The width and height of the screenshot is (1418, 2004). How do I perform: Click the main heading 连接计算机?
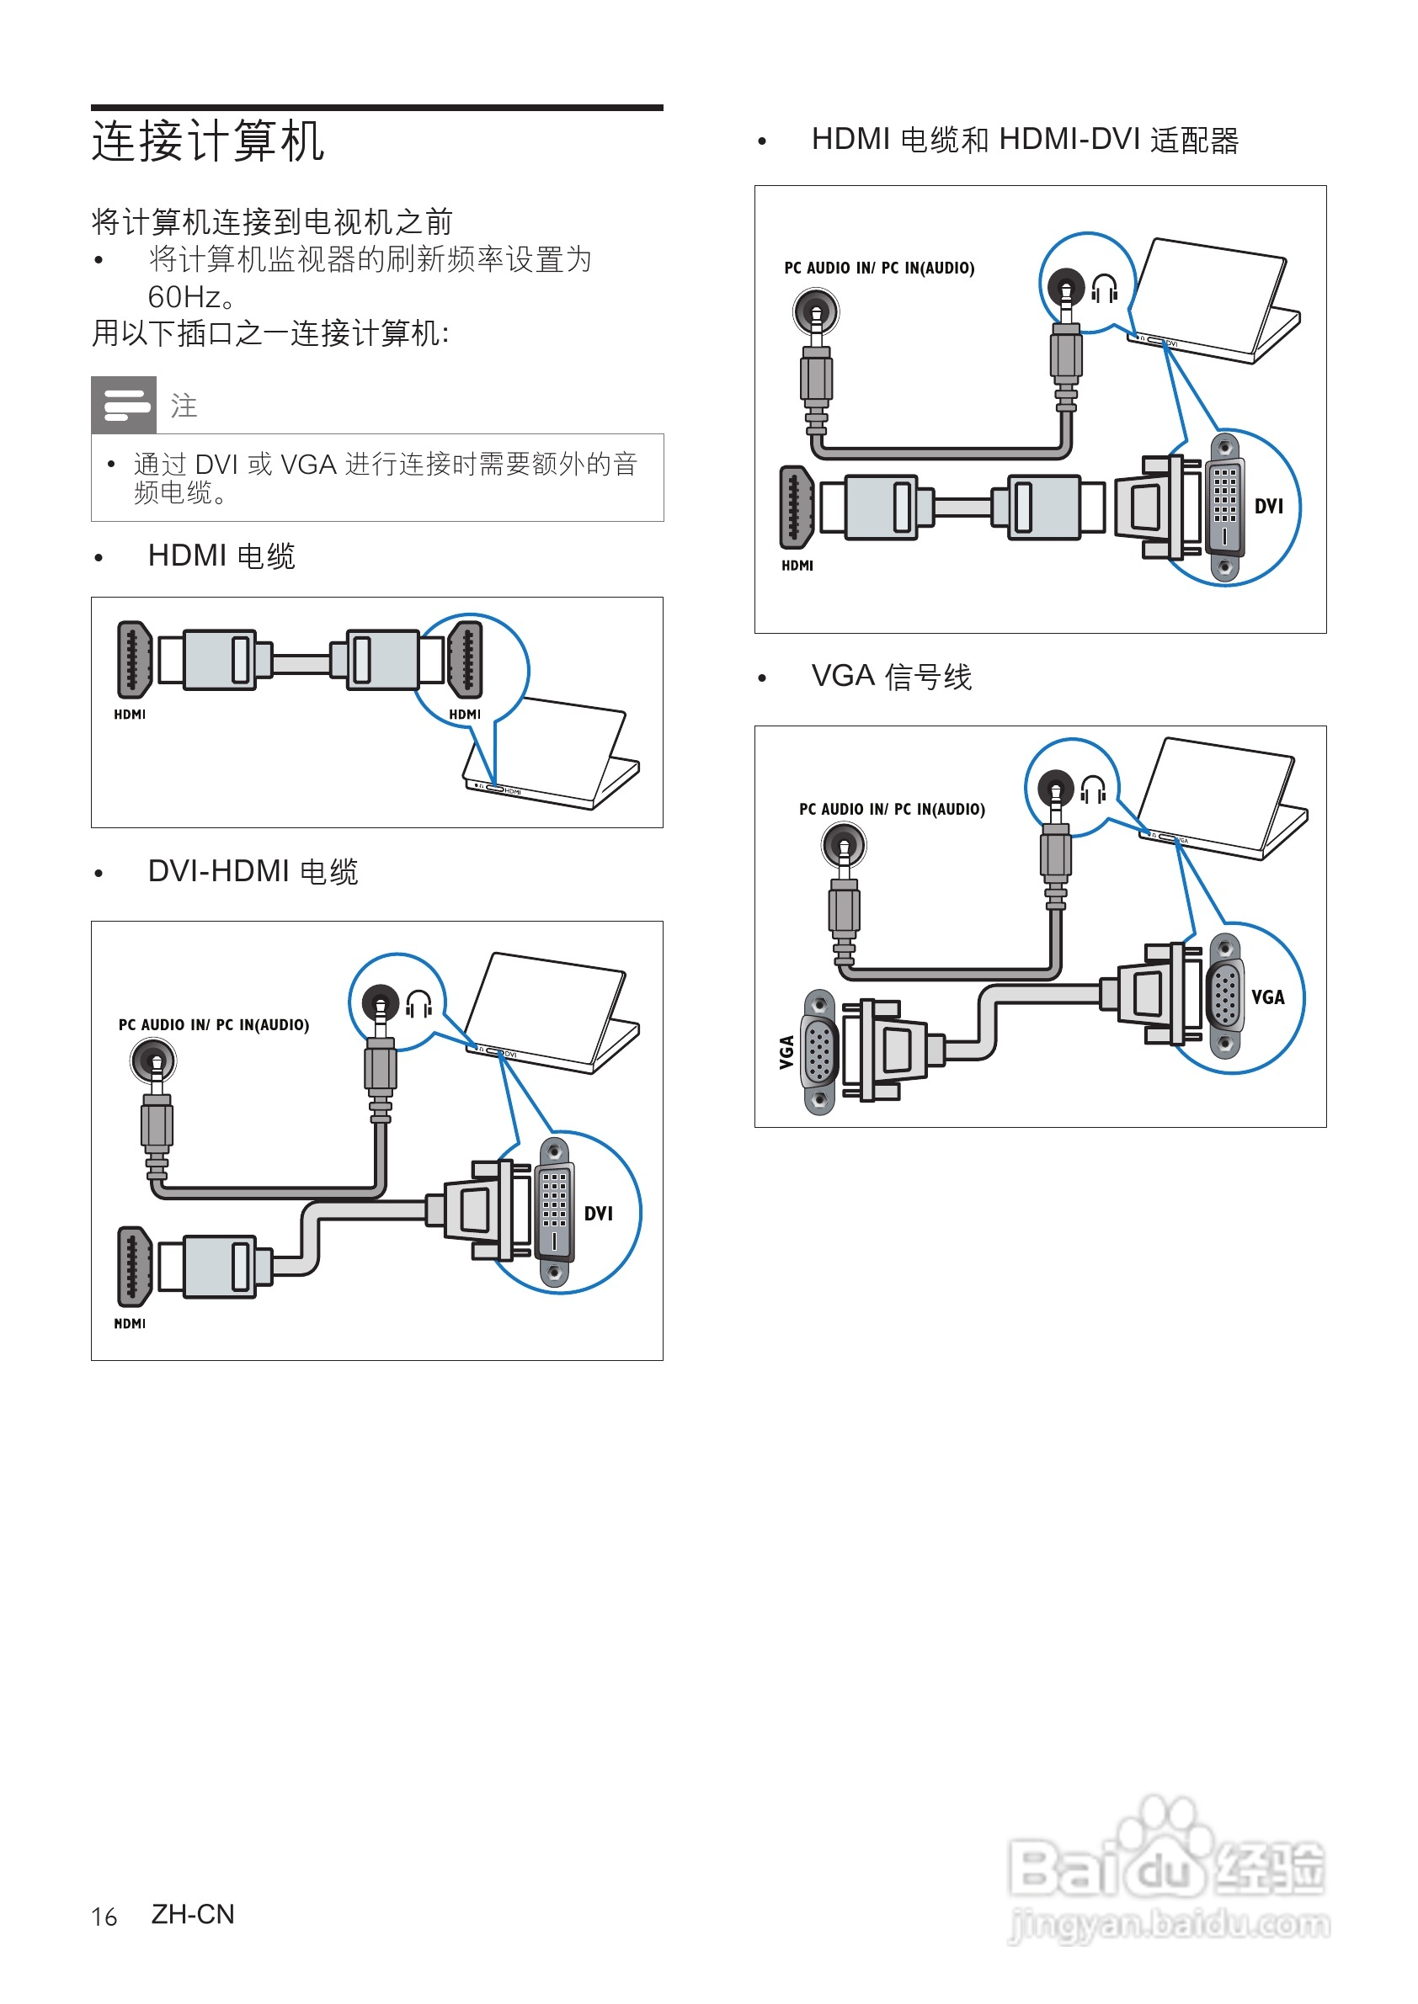point(208,141)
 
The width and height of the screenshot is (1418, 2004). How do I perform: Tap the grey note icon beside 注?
point(124,405)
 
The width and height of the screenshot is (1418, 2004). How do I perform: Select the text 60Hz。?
point(191,298)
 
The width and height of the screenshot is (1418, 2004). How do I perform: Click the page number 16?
point(104,1916)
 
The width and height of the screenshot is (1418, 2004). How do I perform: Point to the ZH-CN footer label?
point(193,1914)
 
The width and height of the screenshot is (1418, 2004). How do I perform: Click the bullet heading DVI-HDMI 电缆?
point(253,871)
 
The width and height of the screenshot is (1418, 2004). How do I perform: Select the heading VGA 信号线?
point(891,677)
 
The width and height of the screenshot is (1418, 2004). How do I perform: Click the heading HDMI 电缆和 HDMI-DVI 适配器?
point(1024,140)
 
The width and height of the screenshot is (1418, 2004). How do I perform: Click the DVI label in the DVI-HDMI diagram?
point(598,1213)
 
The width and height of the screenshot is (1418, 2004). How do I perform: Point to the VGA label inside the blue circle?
point(1267,997)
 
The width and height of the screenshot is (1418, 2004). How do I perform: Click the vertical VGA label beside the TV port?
point(786,1052)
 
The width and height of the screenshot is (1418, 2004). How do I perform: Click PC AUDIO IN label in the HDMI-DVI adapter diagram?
point(878,268)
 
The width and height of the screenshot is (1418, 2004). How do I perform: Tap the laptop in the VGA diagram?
point(1223,799)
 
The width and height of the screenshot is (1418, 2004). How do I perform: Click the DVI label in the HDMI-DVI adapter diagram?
point(1268,506)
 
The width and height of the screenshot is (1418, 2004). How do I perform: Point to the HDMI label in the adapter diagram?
point(797,566)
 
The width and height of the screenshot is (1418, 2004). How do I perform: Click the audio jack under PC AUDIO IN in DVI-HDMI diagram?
point(154,1062)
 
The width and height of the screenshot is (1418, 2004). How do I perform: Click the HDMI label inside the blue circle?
point(465,714)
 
